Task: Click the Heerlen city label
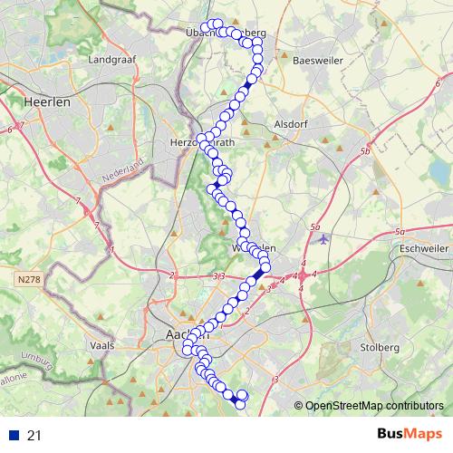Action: pos(49,102)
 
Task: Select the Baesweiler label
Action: pos(317,60)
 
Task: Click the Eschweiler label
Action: pos(425,246)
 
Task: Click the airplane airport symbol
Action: pos(324,239)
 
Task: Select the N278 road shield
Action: pos(29,283)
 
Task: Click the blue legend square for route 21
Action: pos(12,436)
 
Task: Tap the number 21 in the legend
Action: pos(34,436)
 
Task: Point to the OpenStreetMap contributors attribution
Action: pos(373,406)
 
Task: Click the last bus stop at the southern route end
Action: pos(240,405)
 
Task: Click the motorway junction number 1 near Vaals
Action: pos(111,247)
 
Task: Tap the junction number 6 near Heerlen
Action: pos(9,132)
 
